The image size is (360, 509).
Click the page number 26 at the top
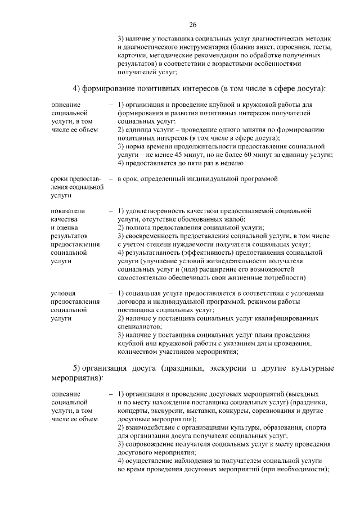(192, 25)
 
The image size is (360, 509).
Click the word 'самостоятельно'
(144, 278)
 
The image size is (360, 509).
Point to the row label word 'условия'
(63, 294)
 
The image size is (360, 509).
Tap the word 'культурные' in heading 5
(305, 368)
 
